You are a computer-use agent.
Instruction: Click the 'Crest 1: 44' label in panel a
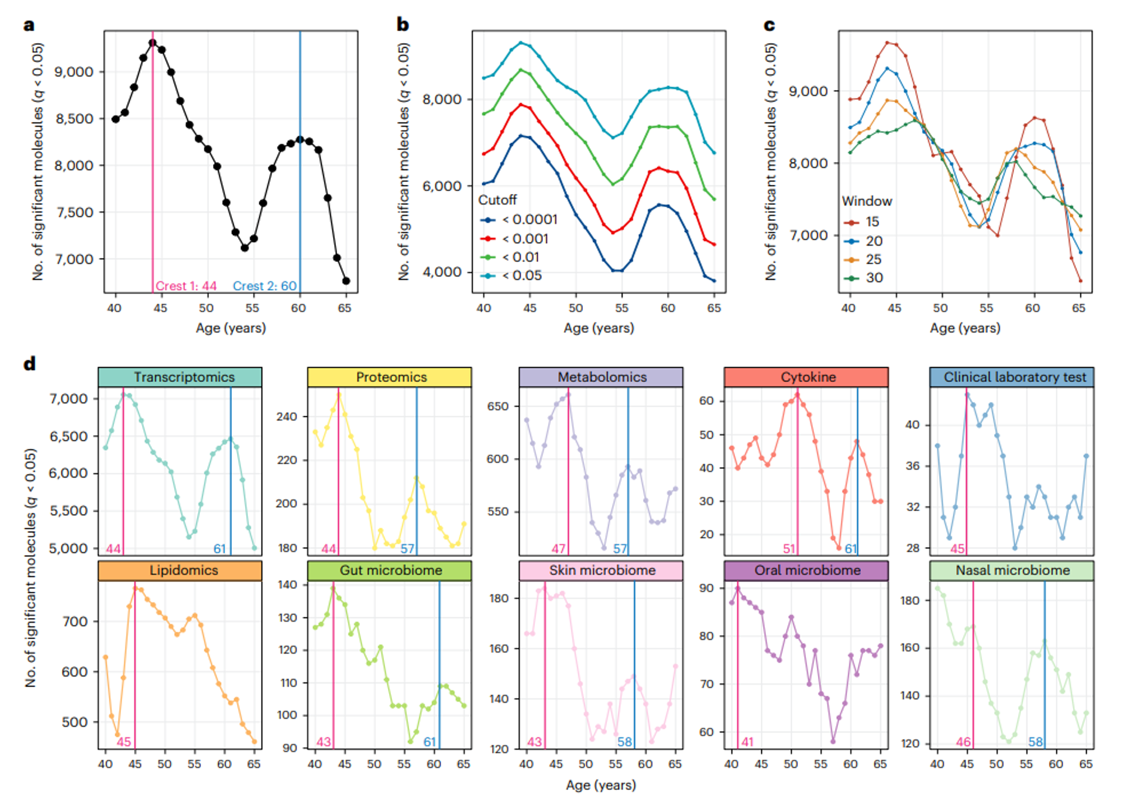pos(186,286)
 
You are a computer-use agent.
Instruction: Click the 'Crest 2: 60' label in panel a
pos(264,286)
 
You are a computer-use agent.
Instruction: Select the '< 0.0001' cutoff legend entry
pos(529,219)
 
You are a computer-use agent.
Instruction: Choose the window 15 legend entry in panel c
pos(872,222)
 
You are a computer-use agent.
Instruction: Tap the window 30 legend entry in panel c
pos(874,278)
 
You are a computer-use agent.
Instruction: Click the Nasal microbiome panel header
pos(1012,570)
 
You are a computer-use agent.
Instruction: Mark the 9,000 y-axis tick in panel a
pos(74,72)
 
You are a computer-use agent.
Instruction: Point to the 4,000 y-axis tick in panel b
pos(442,272)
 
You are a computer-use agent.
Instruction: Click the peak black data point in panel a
pos(153,43)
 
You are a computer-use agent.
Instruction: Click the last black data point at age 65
pos(346,281)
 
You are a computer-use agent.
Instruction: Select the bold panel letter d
pos(29,364)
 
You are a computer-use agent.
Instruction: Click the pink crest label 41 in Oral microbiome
pos(747,742)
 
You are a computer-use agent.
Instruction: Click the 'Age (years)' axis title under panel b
pos(599,328)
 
